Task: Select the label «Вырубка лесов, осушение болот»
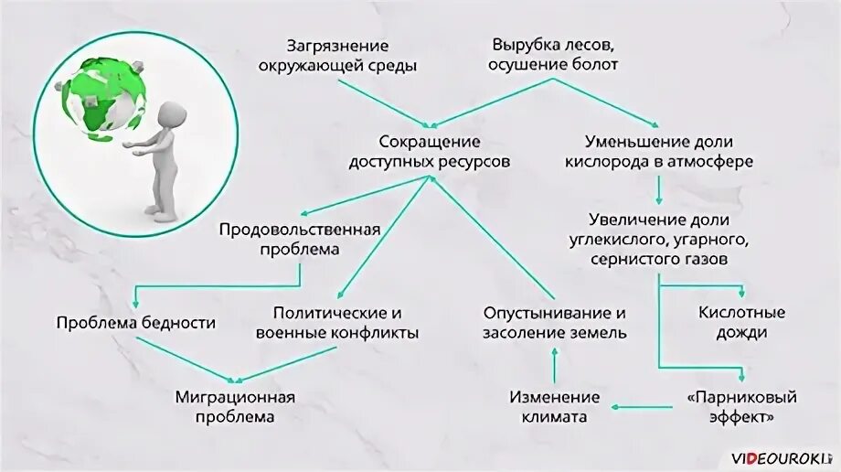pos(554,55)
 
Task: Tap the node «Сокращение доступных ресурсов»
pos(430,152)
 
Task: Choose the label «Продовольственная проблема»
pos(299,239)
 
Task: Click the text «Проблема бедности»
pos(136,323)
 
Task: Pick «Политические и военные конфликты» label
pos(337,323)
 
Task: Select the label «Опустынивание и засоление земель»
pos(555,323)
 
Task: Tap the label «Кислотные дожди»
pos(741,323)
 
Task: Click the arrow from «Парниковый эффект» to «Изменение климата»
pos(645,404)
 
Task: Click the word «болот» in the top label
pos(598,65)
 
